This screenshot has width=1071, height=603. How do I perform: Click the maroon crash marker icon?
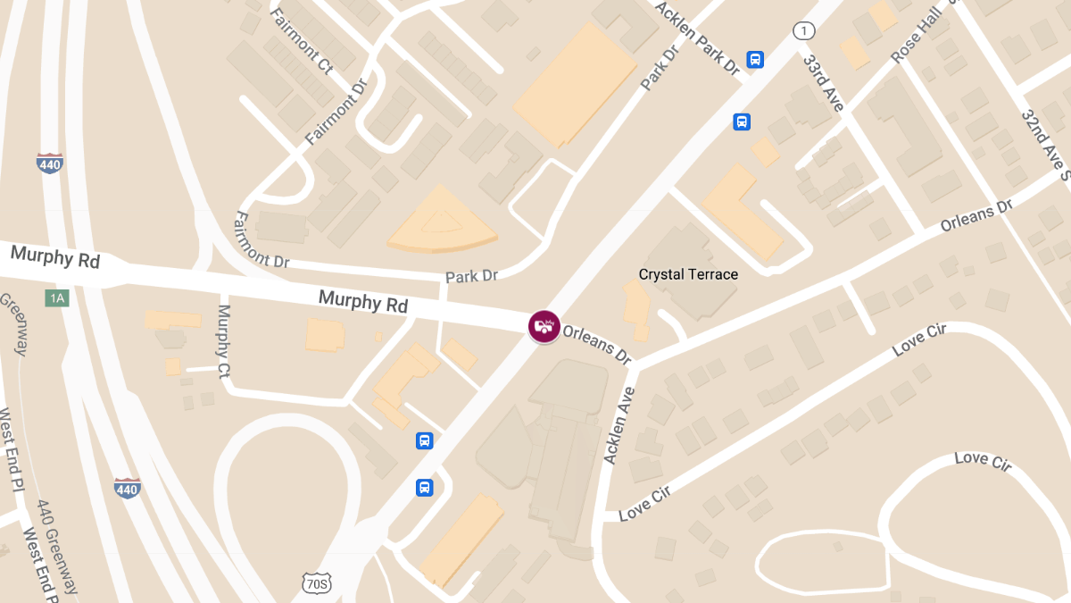pos(544,326)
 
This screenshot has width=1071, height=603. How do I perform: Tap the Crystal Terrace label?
pos(688,274)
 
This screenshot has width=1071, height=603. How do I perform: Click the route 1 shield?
pos(804,31)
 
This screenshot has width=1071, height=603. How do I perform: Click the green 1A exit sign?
pos(57,297)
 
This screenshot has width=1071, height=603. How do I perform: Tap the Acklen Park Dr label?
pos(699,37)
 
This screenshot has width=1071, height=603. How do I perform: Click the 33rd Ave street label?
pos(822,83)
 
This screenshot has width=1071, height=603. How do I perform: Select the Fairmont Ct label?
pos(301,40)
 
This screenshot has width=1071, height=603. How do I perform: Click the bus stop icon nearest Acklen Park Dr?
pos(755,60)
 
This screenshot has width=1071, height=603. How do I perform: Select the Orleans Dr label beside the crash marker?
pos(597,344)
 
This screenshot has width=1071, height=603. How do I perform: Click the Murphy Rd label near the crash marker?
pos(362,302)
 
